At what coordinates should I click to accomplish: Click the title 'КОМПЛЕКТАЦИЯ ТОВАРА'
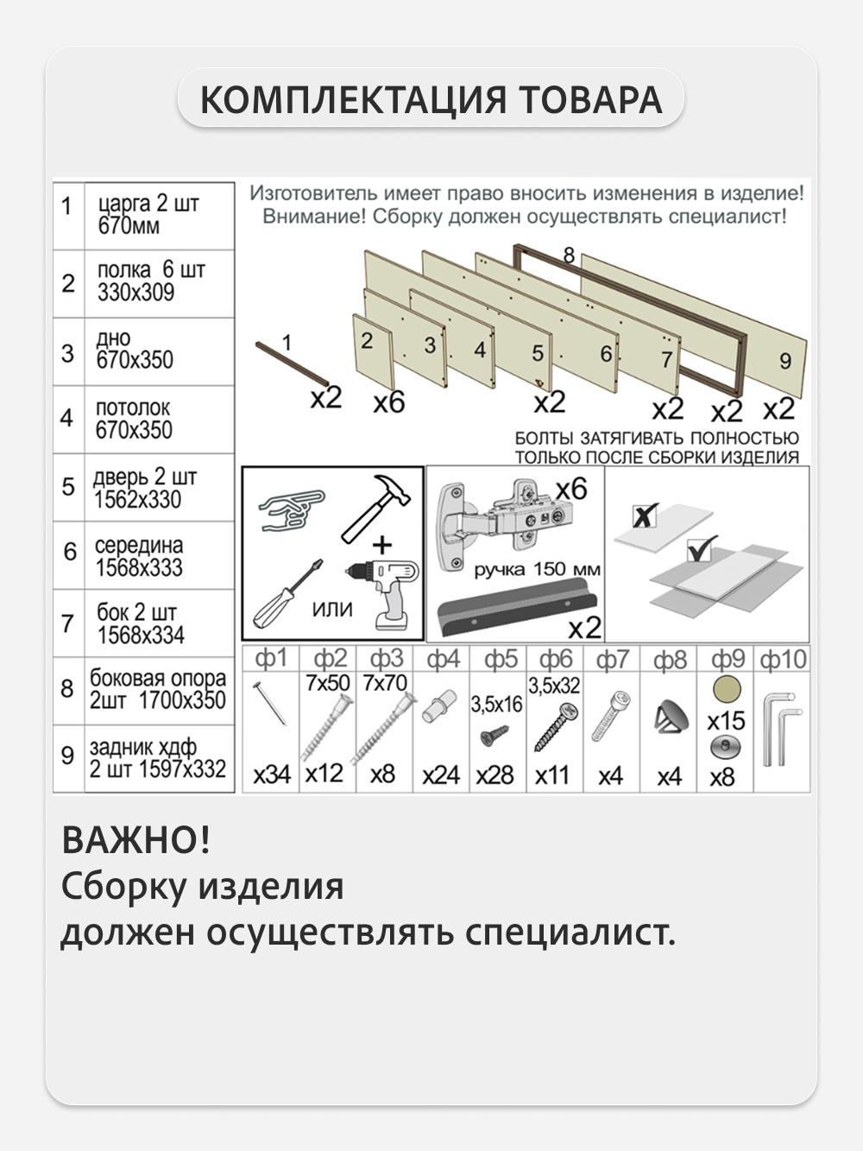point(431,99)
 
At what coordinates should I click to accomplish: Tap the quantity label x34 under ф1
point(272,775)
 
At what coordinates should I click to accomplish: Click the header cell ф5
point(500,661)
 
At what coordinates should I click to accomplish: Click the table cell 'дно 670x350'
point(159,351)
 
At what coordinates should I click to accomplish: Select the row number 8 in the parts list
point(67,689)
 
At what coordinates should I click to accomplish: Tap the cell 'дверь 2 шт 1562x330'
point(159,488)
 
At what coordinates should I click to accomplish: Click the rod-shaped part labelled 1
point(291,364)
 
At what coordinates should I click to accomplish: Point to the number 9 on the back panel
point(784,361)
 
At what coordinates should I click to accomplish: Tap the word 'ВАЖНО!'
point(135,840)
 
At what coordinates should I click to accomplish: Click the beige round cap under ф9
point(727,690)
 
